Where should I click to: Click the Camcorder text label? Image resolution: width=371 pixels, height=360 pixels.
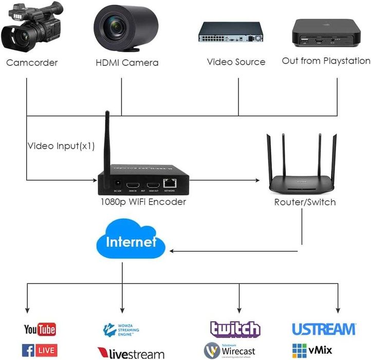point(32,63)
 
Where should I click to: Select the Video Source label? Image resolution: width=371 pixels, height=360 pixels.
point(236,62)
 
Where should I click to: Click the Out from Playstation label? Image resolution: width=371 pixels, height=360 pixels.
point(326,61)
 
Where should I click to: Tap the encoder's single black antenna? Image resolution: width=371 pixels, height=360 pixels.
point(107,144)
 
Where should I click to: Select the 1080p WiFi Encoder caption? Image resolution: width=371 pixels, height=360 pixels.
point(143,202)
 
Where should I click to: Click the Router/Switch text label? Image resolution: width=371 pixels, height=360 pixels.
point(305,202)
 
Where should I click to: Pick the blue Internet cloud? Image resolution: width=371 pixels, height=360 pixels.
point(130,242)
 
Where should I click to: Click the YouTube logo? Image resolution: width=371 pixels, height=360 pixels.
point(40,329)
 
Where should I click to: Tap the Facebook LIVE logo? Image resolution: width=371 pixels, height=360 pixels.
point(40,350)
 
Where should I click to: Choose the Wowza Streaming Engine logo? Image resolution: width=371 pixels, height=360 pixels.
point(122,330)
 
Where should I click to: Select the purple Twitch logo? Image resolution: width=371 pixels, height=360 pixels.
point(235,329)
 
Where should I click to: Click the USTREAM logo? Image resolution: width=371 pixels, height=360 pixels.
point(323,329)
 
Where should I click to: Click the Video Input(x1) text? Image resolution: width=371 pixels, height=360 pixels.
point(61,146)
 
